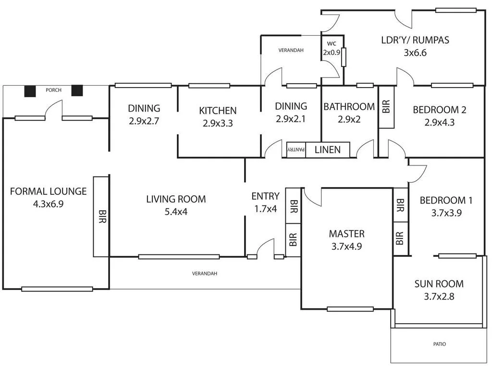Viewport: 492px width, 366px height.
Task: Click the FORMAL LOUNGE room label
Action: click(x=48, y=191)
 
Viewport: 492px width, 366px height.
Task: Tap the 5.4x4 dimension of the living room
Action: click(x=176, y=211)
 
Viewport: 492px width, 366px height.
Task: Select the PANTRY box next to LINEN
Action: click(x=296, y=150)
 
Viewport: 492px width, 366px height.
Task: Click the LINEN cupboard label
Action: click(x=327, y=150)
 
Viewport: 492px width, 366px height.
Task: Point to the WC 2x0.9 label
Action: click(x=332, y=49)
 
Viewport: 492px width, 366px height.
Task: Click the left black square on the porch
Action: click(x=30, y=91)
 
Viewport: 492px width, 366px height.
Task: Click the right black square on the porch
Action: click(x=77, y=90)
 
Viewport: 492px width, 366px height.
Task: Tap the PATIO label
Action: click(x=439, y=344)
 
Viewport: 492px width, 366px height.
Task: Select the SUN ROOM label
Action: click(x=439, y=284)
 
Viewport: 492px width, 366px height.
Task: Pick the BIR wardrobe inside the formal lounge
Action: click(x=101, y=216)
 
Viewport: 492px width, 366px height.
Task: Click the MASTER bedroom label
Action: click(x=346, y=234)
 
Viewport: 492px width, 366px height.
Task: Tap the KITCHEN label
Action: click(x=218, y=111)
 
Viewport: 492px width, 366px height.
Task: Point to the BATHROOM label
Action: click(x=349, y=107)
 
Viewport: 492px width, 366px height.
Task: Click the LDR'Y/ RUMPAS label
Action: click(x=415, y=40)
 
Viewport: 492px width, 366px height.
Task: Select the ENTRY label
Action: click(x=265, y=196)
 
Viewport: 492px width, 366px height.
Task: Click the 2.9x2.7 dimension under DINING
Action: click(x=144, y=121)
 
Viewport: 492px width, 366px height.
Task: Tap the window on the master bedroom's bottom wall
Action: click(x=350, y=309)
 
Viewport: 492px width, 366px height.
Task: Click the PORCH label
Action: click(x=53, y=90)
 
